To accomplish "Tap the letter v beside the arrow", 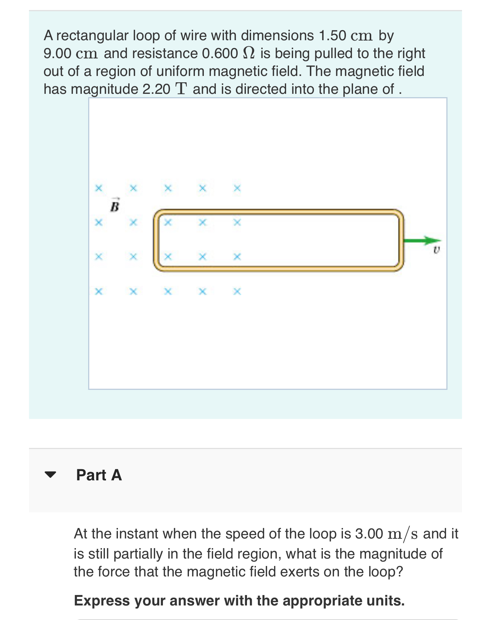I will (x=436, y=250).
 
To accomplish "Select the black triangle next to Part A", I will (x=50, y=475).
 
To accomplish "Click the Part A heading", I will (x=99, y=475).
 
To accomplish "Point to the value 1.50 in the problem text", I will (x=333, y=36).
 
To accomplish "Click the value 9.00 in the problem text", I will (x=57, y=54).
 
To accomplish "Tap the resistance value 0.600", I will (x=220, y=54).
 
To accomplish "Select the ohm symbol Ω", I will (x=248, y=53).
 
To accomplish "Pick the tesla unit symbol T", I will (x=181, y=89).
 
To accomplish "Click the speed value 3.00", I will (x=369, y=534).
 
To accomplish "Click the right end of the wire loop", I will (x=401, y=240).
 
